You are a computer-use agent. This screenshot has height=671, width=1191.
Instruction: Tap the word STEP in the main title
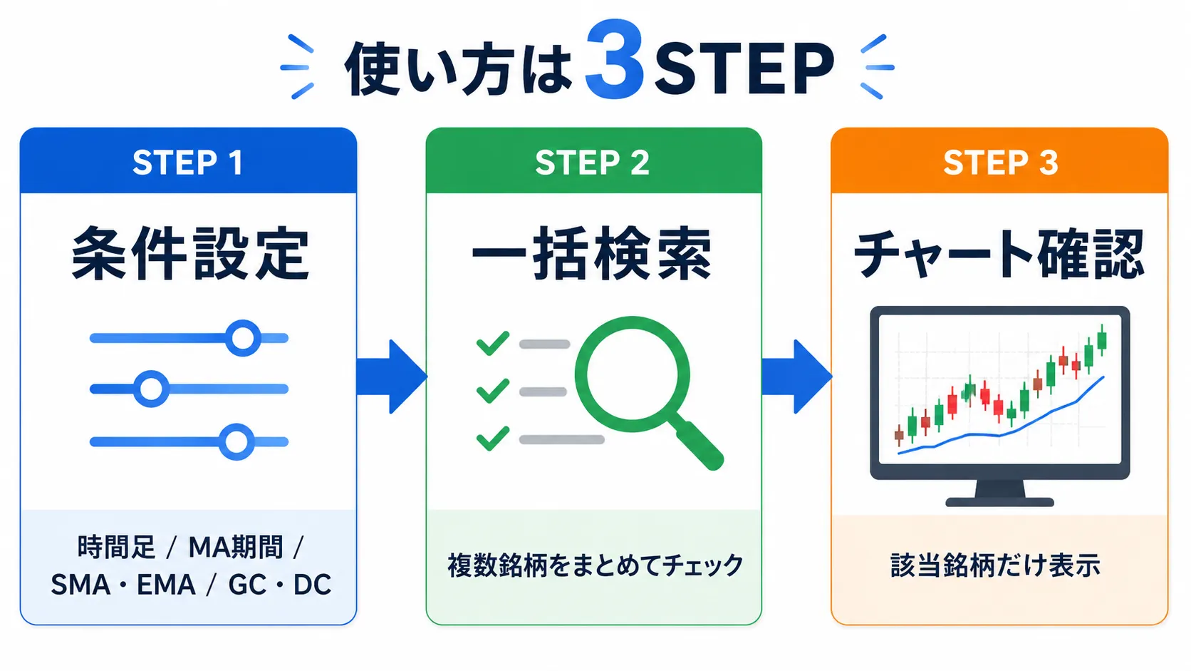pos(744,68)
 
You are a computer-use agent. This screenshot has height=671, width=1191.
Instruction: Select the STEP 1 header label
pos(187,163)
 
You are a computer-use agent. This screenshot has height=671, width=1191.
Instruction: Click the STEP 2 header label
pos(593,163)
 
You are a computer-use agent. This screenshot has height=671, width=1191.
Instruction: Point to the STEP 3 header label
pos(1000,163)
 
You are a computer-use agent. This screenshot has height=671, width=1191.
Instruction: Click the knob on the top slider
pos(243,338)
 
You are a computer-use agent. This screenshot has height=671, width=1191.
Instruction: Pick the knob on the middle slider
pos(152,389)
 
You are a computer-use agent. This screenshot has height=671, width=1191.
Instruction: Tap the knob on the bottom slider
pos(236,441)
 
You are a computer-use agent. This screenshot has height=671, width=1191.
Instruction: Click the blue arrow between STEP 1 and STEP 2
pos(392,377)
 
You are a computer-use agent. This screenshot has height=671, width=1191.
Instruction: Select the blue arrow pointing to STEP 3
pos(797,377)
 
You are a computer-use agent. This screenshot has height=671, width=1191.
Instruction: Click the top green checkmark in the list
pos(493,343)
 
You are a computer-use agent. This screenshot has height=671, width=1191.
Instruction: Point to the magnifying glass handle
pos(697,444)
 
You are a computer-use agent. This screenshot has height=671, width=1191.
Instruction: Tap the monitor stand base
pos(999,502)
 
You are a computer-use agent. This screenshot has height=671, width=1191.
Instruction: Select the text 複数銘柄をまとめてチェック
pos(595,565)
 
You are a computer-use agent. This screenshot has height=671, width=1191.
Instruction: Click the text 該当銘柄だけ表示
pos(995,565)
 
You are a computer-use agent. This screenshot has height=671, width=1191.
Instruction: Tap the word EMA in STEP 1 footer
pos(166,585)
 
